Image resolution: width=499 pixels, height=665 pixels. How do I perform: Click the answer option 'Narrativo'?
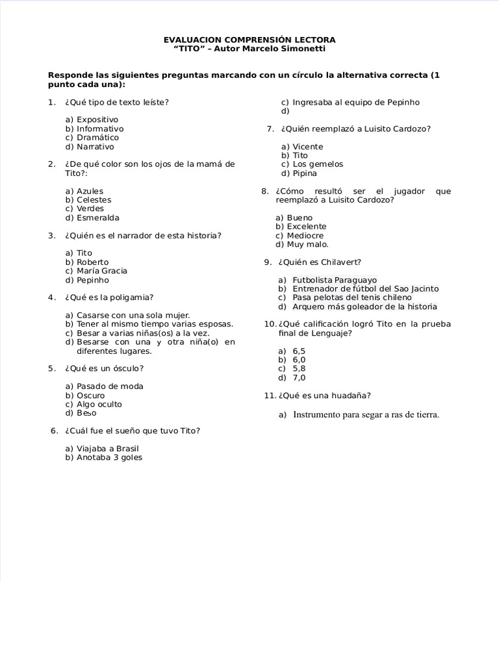click(x=95, y=147)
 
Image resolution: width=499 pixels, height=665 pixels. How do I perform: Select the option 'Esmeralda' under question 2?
click(x=98, y=218)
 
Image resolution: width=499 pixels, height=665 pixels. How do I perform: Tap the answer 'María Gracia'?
click(x=102, y=271)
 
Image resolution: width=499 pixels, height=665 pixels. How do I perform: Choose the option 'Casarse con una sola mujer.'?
click(x=133, y=315)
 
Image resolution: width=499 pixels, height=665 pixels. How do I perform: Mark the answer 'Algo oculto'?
click(x=99, y=404)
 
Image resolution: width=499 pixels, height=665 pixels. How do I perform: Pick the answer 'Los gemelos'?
click(x=318, y=164)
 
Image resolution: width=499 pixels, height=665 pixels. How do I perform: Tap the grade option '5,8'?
click(x=299, y=369)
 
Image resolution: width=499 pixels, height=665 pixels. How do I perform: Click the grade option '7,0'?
click(x=299, y=378)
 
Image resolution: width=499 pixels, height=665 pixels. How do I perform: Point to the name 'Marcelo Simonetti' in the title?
click(x=286, y=49)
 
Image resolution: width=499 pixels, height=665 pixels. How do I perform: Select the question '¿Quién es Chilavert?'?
click(x=319, y=262)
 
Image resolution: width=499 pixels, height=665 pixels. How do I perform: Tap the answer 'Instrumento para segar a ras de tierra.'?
click(x=366, y=415)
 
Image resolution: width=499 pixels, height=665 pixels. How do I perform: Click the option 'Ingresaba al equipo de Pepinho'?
click(x=356, y=103)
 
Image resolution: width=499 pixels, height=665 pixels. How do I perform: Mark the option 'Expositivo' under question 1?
click(x=97, y=120)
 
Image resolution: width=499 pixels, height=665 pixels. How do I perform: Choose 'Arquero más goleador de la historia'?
click(x=365, y=307)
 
